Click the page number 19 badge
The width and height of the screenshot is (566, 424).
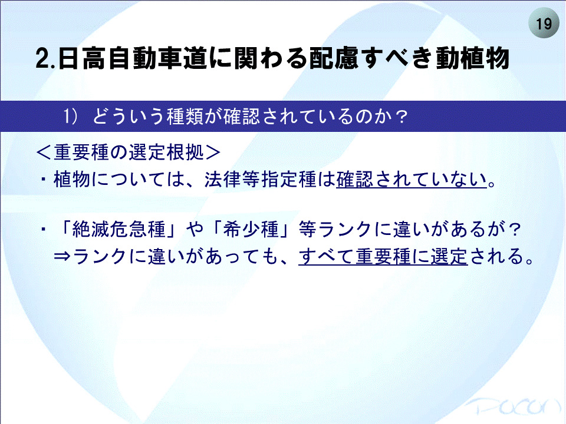[x=544, y=23]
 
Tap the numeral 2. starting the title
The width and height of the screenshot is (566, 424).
[x=45, y=58]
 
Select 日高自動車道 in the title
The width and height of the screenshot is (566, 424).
[x=133, y=58]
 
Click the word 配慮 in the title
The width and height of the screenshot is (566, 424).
[x=334, y=58]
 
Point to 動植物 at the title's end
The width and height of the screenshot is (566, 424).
[x=472, y=58]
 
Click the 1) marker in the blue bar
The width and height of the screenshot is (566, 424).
[x=70, y=116]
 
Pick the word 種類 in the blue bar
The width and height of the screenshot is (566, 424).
[x=186, y=116]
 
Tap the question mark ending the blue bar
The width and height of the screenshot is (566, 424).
[x=401, y=117]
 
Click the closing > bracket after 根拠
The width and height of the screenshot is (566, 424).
[x=213, y=152]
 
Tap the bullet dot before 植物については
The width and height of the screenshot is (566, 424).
[x=44, y=178]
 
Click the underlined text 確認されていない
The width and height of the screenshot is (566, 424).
[x=412, y=180]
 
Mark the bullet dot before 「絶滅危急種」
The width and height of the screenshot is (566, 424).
[x=44, y=228]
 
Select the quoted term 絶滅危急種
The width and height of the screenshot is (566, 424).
[x=119, y=229]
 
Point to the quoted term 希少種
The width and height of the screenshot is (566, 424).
[x=251, y=229]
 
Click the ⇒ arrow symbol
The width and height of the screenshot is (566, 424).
[x=63, y=256]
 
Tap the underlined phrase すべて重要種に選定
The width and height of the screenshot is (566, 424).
[x=383, y=257]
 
